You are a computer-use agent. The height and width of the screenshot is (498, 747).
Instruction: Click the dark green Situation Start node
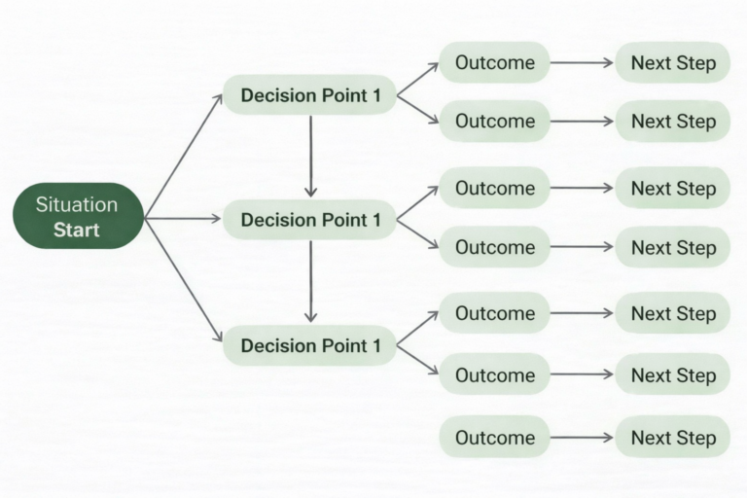coord(78,216)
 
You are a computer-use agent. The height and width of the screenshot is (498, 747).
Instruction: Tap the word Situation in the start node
coord(76,204)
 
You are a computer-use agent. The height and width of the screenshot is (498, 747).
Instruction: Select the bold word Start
coord(76,231)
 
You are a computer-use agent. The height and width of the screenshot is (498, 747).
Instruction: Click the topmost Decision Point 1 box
coord(310,95)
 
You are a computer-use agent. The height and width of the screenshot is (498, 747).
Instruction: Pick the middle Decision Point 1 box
coord(310,220)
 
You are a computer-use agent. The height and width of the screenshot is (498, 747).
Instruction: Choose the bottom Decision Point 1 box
coord(310,345)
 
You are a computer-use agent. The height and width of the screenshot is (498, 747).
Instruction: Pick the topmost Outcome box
coord(494,63)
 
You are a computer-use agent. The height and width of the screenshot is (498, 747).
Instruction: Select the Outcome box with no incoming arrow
coord(494,438)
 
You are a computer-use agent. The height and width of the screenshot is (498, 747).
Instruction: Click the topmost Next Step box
coord(673,63)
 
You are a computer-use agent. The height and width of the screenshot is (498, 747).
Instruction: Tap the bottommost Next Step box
coord(673,438)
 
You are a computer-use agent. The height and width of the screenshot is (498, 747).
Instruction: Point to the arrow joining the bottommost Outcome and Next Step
coord(582,438)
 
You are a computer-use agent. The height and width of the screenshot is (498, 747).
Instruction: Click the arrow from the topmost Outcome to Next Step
coord(582,63)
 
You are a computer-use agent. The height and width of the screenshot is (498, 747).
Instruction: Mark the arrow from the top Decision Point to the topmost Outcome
coord(417,79)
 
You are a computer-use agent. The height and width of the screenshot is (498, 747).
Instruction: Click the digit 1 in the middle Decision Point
coord(375,220)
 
